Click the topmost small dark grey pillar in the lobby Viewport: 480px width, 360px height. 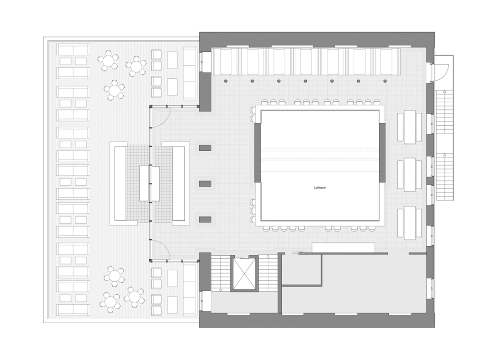[205, 147]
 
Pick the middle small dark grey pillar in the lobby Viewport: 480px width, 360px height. [205, 183]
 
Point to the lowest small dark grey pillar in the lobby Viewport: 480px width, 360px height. [205, 219]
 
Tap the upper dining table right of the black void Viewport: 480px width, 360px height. [409, 127]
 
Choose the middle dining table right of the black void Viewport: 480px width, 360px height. [409, 174]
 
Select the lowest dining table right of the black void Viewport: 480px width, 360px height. [409, 222]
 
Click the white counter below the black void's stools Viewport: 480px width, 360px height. [343, 248]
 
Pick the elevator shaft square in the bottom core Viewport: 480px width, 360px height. [244, 274]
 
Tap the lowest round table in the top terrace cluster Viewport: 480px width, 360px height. [114, 90]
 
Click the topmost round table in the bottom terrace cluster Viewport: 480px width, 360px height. [114, 276]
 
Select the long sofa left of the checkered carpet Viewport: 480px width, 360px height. [119, 183]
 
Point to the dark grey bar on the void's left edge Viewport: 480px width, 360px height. [257, 152]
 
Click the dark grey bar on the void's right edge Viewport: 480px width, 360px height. [383, 152]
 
